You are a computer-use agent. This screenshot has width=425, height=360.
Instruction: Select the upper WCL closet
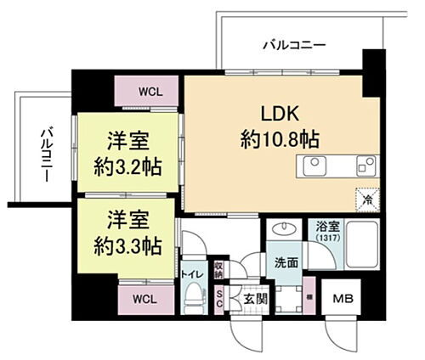coord(147,88)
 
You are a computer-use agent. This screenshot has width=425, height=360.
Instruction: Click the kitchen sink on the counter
coord(313,163)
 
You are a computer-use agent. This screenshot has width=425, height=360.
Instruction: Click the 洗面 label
coord(286,262)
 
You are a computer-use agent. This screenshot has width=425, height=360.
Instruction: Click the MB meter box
coord(343,298)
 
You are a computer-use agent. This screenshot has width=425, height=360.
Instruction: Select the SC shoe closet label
coord(218,298)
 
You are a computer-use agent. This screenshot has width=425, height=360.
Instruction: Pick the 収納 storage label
coord(218,270)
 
